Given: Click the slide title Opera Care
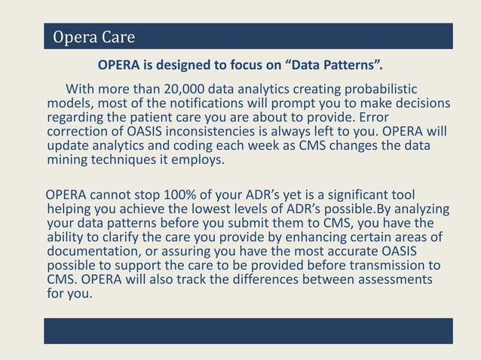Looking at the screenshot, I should [x=93, y=37].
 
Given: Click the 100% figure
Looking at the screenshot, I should [x=192, y=196].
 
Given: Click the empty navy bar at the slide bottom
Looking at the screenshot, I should [x=248, y=331].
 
